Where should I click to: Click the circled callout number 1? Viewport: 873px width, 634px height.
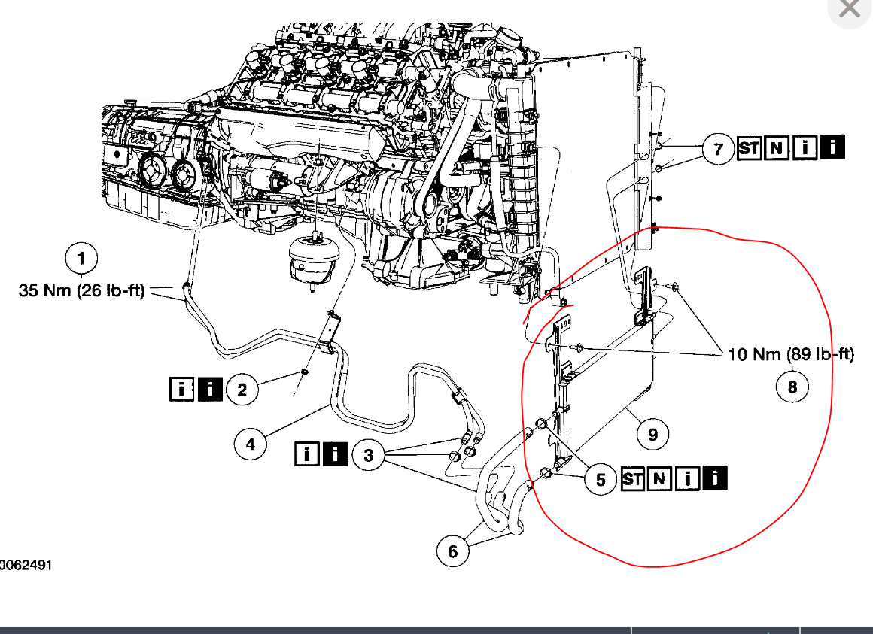[x=81, y=259]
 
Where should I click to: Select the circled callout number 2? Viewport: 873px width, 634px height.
[x=242, y=389]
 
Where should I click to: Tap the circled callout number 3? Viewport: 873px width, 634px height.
[x=368, y=455]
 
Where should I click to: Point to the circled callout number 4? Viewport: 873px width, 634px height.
[x=250, y=444]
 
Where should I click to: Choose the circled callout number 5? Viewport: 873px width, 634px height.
[x=601, y=479]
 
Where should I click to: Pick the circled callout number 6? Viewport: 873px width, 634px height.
[x=452, y=551]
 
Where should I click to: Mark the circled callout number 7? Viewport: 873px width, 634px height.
[x=718, y=149]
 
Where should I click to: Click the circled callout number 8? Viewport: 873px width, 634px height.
[x=792, y=387]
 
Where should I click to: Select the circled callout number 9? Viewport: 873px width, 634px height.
[x=652, y=434]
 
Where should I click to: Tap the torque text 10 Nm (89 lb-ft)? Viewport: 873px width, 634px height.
[x=791, y=354]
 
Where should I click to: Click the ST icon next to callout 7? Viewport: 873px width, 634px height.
[x=749, y=148]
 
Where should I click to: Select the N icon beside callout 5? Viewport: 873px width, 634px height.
[x=659, y=478]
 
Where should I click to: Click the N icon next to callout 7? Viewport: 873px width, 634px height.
[x=777, y=148]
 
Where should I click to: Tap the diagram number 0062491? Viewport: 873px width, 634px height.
[x=26, y=565]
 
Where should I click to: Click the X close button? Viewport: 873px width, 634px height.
[x=850, y=10]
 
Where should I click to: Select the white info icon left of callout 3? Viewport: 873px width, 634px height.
[x=306, y=454]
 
